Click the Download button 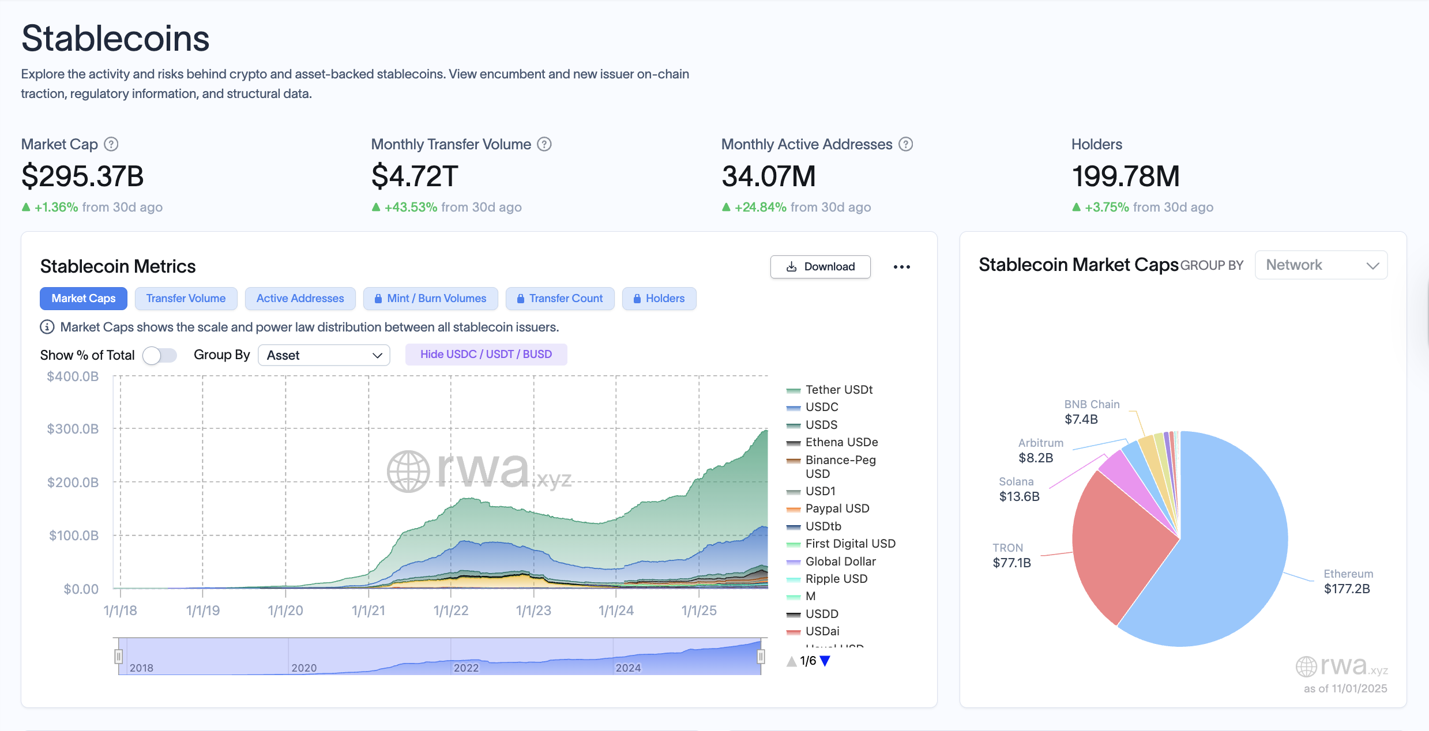pos(820,267)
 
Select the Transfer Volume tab pos(186,299)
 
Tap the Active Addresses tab pos(300,299)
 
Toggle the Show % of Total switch pos(160,355)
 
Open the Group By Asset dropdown pos(324,355)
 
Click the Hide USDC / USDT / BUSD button pos(486,355)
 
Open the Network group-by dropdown pos(1321,265)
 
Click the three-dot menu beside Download pos(901,267)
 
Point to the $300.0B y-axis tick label pos(73,429)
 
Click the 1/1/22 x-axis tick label pos(451,611)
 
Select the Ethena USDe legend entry pos(841,442)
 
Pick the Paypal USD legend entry pos(837,508)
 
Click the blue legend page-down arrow pos(825,661)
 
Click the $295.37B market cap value pos(82,176)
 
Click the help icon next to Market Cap pos(111,144)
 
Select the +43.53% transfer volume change pos(411,207)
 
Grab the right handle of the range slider pos(761,656)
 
